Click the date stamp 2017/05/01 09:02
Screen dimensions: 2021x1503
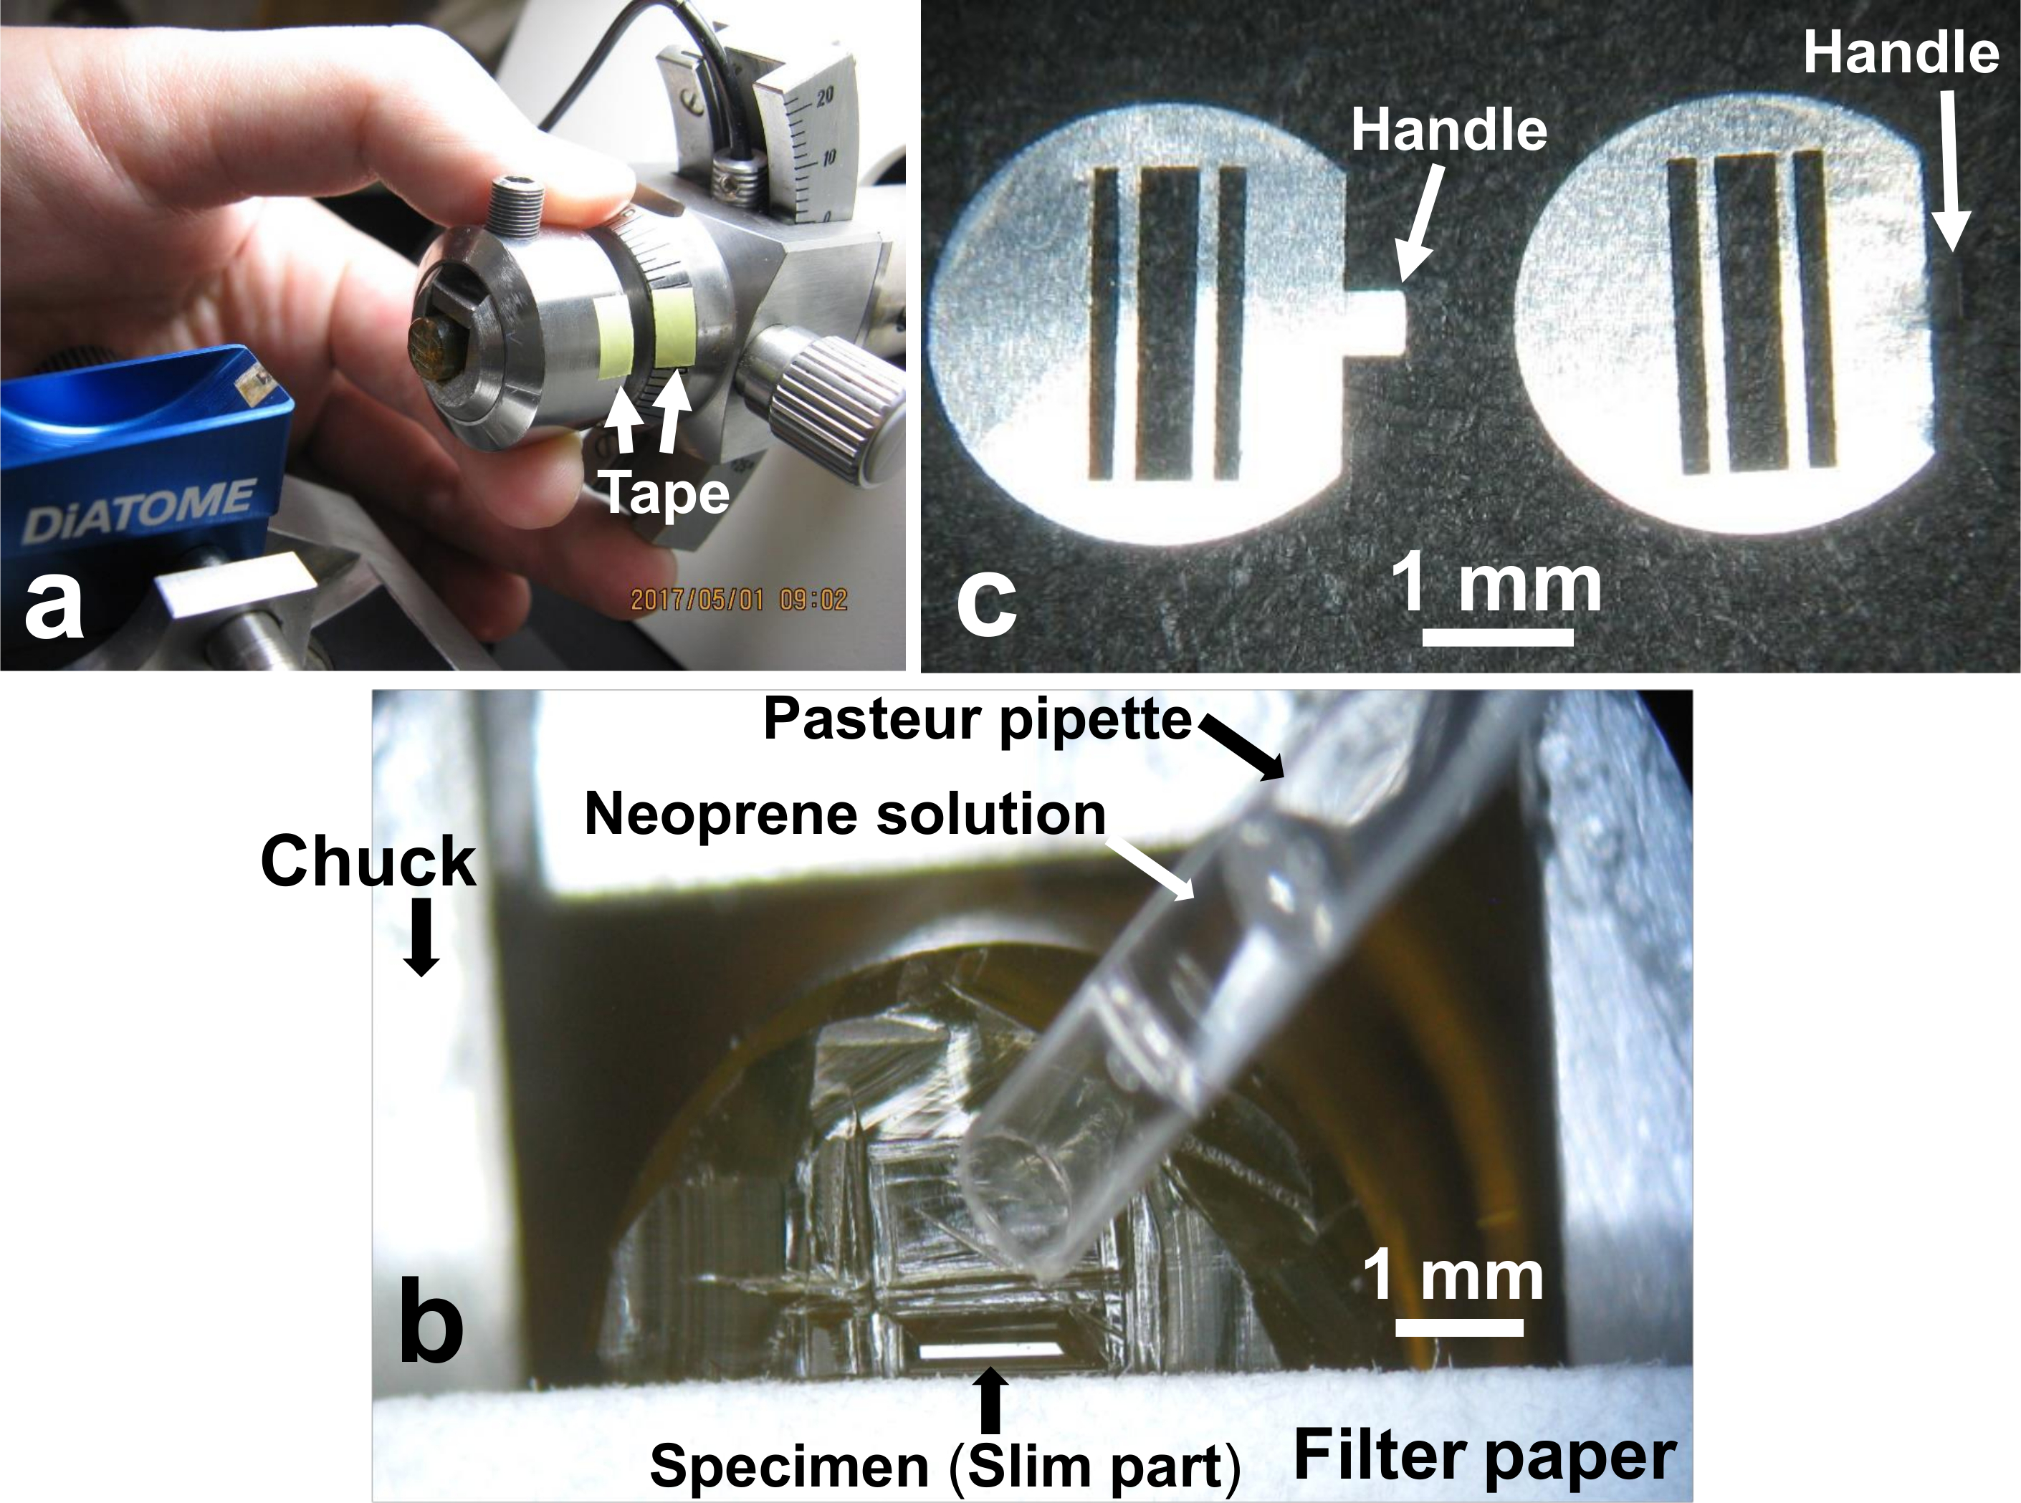[739, 600]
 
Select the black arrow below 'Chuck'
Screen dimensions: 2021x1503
[421, 943]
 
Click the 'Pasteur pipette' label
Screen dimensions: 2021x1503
[978, 721]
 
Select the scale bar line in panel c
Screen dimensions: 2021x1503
[1498, 636]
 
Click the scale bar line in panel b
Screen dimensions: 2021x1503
[1458, 1327]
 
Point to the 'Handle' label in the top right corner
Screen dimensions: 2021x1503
[1901, 53]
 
